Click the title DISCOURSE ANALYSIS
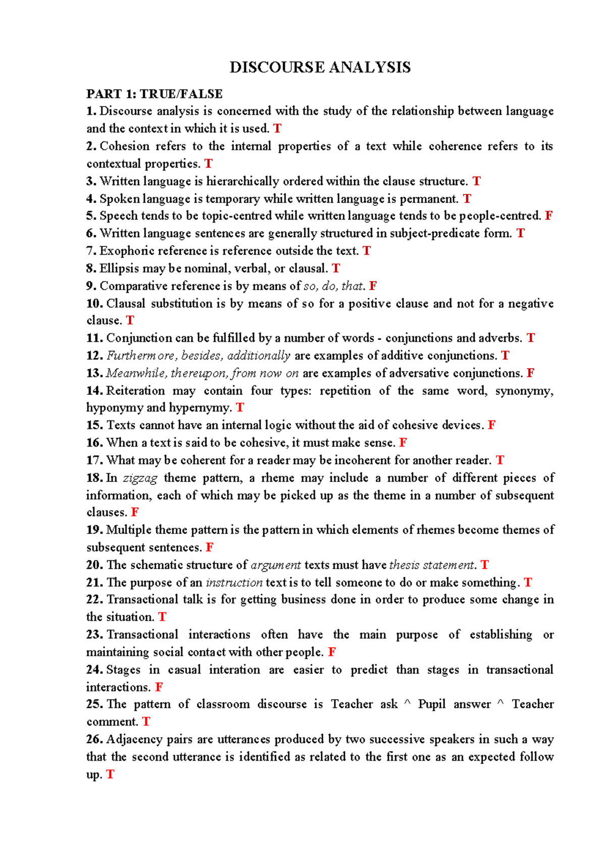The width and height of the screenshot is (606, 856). [320, 67]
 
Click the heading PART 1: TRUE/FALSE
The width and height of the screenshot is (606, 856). [154, 94]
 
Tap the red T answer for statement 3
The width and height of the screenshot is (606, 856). [476, 181]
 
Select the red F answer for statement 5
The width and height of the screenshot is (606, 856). [548, 216]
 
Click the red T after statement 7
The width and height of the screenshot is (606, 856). [367, 251]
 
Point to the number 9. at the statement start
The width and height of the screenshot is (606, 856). [91, 286]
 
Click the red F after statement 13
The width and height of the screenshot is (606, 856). [530, 373]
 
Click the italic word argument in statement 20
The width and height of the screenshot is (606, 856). [276, 565]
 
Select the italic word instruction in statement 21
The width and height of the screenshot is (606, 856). [234, 583]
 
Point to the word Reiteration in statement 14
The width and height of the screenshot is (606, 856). [135, 391]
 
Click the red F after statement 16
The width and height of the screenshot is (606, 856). [402, 443]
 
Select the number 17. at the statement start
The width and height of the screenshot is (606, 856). [94, 460]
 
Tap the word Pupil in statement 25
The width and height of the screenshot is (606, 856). [431, 705]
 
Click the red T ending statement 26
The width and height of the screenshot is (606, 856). [110, 775]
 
